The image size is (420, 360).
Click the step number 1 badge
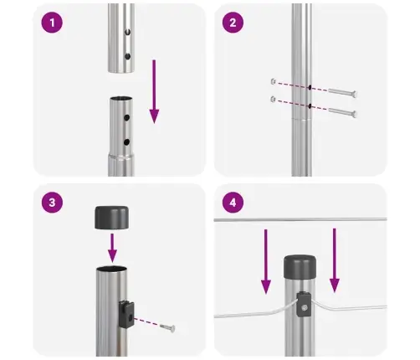point(52,24)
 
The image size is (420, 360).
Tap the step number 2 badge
point(232,24)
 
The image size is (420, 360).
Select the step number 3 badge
point(52,203)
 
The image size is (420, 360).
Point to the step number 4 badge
point(232,203)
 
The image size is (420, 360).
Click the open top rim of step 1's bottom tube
point(121,100)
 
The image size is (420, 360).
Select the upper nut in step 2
point(273,81)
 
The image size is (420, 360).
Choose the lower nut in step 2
point(273,100)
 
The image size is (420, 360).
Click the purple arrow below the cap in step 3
point(113,247)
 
